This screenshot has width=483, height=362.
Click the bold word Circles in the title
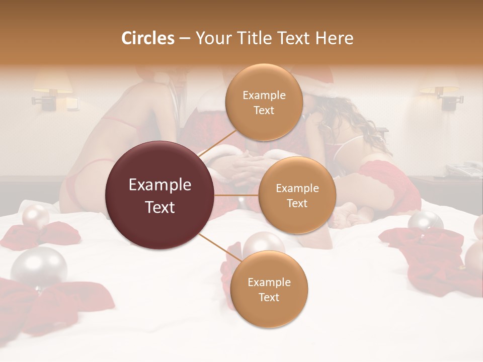tap(147, 38)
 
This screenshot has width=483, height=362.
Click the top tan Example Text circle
tap(264, 102)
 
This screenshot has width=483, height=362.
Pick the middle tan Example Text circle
tap(297, 195)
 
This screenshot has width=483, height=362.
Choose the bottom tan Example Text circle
tap(269, 289)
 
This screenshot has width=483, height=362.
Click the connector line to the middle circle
tap(236, 195)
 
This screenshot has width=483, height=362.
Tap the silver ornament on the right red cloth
tap(425, 222)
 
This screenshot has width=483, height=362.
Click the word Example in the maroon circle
tap(160, 185)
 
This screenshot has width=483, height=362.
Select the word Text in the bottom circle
tap(269, 297)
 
